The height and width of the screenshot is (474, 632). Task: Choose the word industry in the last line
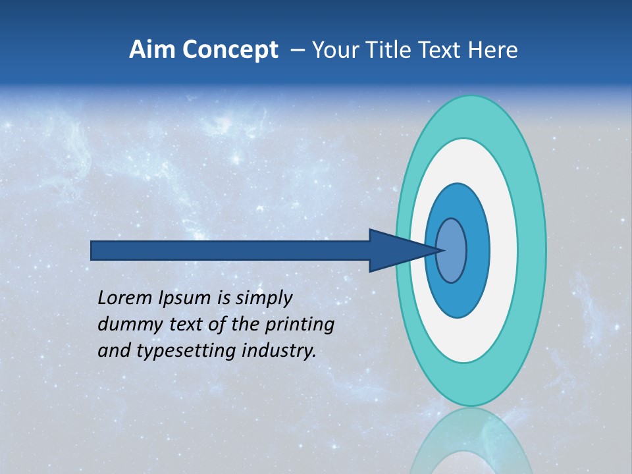pyautogui.click(x=279, y=351)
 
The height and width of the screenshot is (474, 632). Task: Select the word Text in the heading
pyautogui.click(x=447, y=50)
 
